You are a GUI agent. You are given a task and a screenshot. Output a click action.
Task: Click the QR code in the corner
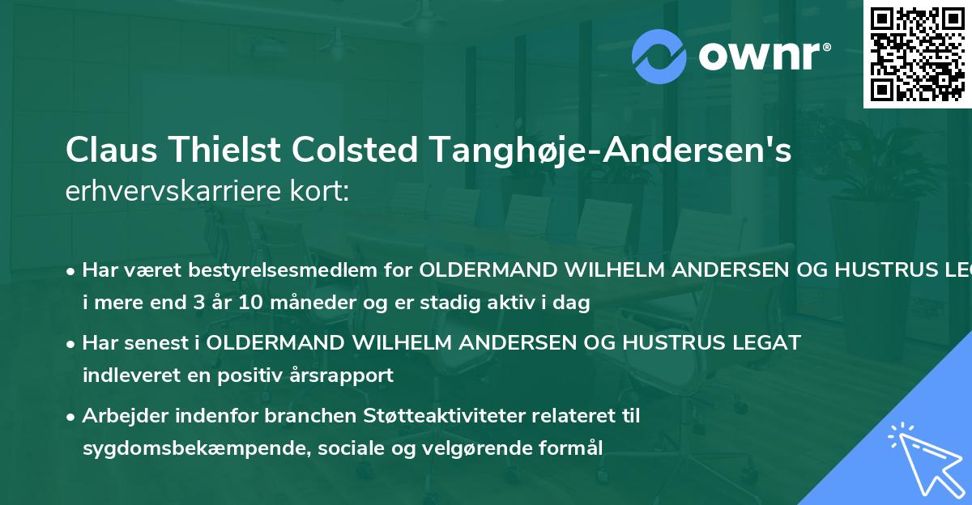pyautogui.click(x=917, y=53)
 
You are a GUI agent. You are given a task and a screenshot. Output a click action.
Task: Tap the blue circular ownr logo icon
pyautogui.click(x=659, y=56)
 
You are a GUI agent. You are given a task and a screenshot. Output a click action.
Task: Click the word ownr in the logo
pyautogui.click(x=763, y=57)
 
